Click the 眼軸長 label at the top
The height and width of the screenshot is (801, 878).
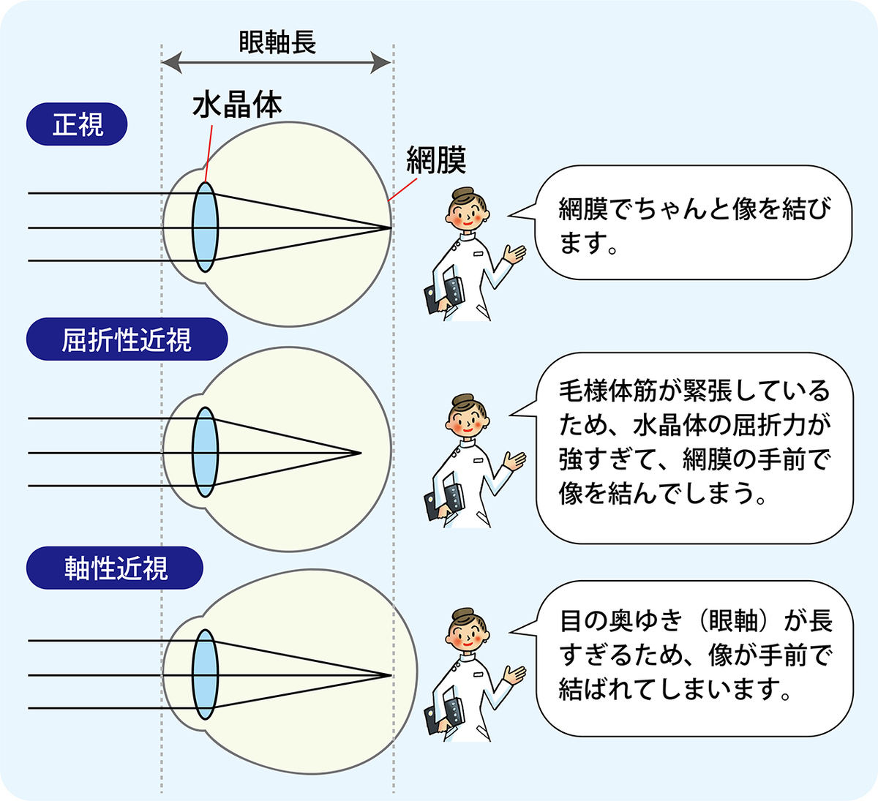click(277, 42)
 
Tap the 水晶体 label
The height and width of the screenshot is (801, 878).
click(236, 106)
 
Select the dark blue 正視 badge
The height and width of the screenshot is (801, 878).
click(78, 124)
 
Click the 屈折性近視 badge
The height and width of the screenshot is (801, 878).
click(127, 340)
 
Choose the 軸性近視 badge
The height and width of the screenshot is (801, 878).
click(115, 568)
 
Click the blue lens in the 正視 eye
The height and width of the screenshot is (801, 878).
click(205, 227)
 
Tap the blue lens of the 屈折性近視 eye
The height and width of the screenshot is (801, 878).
click(205, 453)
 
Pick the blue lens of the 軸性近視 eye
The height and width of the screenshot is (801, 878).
click(205, 674)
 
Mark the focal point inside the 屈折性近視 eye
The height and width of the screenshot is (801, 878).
click(361, 453)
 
